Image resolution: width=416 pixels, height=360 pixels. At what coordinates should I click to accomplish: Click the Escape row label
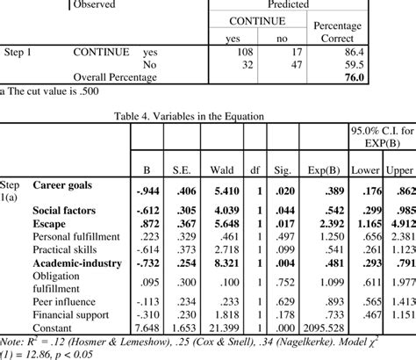coord(53,224)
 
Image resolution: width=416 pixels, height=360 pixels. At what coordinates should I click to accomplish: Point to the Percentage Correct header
coord(379,32)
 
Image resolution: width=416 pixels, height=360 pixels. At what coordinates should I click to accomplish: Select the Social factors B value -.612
coord(145,212)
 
